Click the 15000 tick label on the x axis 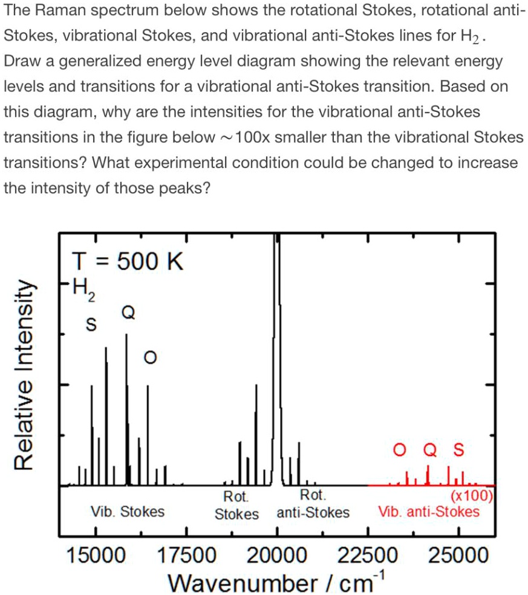[x=95, y=555]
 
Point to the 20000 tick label [x=277, y=555]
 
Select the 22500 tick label [x=368, y=555]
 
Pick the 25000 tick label [x=458, y=555]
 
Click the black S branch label [x=91, y=325]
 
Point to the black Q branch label [x=126, y=312]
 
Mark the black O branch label [x=148, y=359]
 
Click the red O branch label [x=398, y=450]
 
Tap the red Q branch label [x=428, y=450]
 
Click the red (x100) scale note [x=474, y=498]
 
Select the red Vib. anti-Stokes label [x=429, y=513]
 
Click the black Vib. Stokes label [x=127, y=512]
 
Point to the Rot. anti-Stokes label [x=313, y=505]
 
